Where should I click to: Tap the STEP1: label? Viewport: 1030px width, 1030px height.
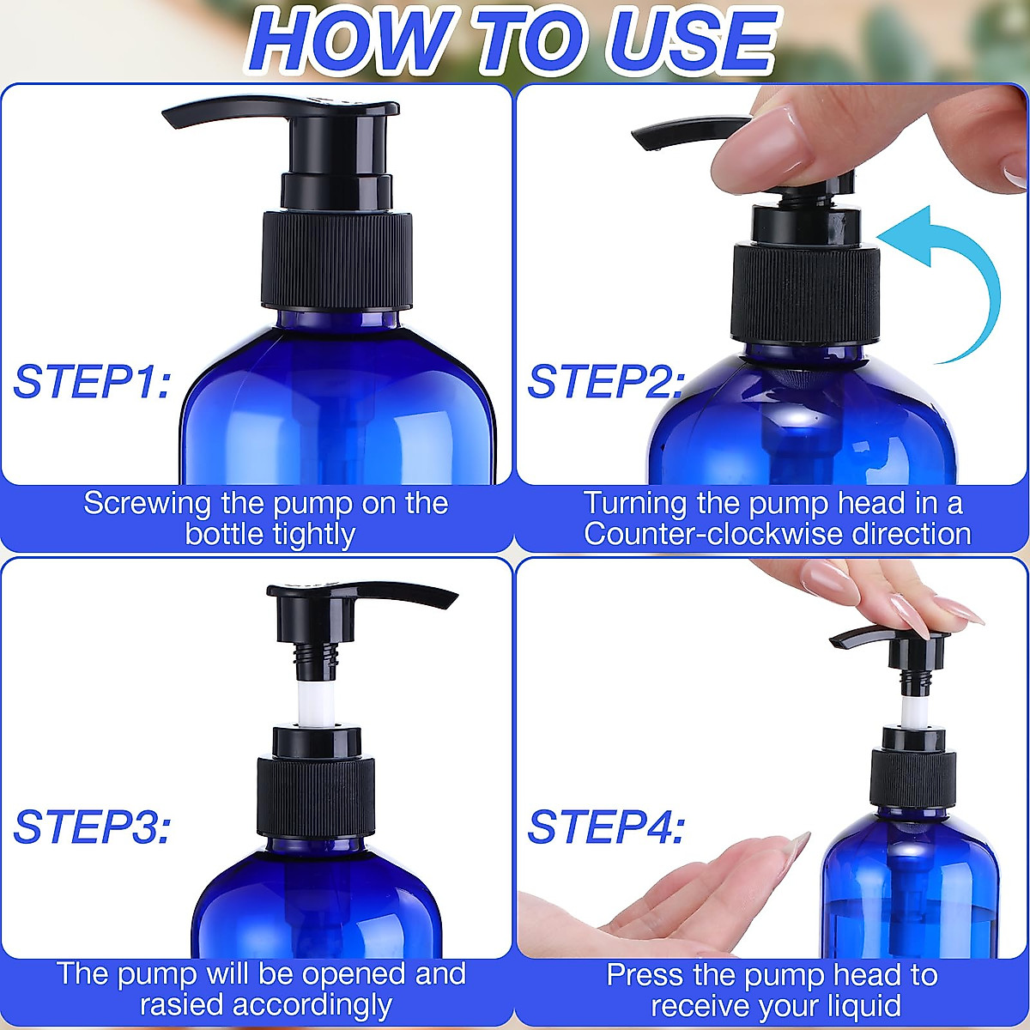(92, 382)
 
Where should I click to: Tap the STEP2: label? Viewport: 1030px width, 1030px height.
(606, 382)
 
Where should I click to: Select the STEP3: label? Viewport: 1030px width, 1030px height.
(92, 827)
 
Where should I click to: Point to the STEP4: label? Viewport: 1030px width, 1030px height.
(606, 827)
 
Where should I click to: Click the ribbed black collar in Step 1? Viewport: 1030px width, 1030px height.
(336, 257)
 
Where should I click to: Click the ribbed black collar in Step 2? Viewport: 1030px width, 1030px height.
(805, 292)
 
